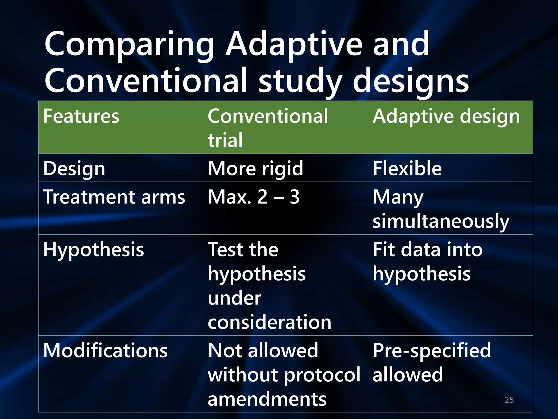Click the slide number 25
pyautogui.click(x=509, y=400)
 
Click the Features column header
pyautogui.click(x=81, y=116)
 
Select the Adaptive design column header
pyautogui.click(x=446, y=116)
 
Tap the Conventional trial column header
pyautogui.click(x=268, y=128)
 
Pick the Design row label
pyautogui.click(x=74, y=169)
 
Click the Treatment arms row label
pyautogui.click(x=114, y=197)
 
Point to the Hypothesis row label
pyautogui.click(x=93, y=250)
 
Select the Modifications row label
pyautogui.click(x=105, y=351)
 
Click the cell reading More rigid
pyautogui.click(x=255, y=169)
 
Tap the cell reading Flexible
pyautogui.click(x=407, y=168)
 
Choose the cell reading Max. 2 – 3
pyautogui.click(x=254, y=197)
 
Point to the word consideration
pyautogui.click(x=269, y=322)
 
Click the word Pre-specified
pyautogui.click(x=432, y=351)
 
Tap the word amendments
pyautogui.click(x=267, y=399)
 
